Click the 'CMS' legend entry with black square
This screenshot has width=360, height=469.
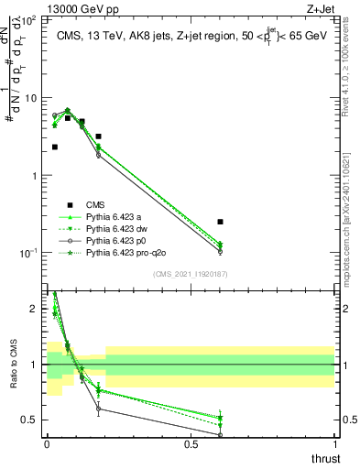pos(95,204)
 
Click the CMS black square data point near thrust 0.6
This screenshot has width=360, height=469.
pos(220,222)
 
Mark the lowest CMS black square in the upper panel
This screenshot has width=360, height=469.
pos(220,222)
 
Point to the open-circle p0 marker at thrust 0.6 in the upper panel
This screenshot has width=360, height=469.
pos(220,251)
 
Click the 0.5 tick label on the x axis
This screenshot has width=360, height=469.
pos(191,443)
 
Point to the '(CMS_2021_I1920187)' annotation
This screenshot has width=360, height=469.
pos(191,273)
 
